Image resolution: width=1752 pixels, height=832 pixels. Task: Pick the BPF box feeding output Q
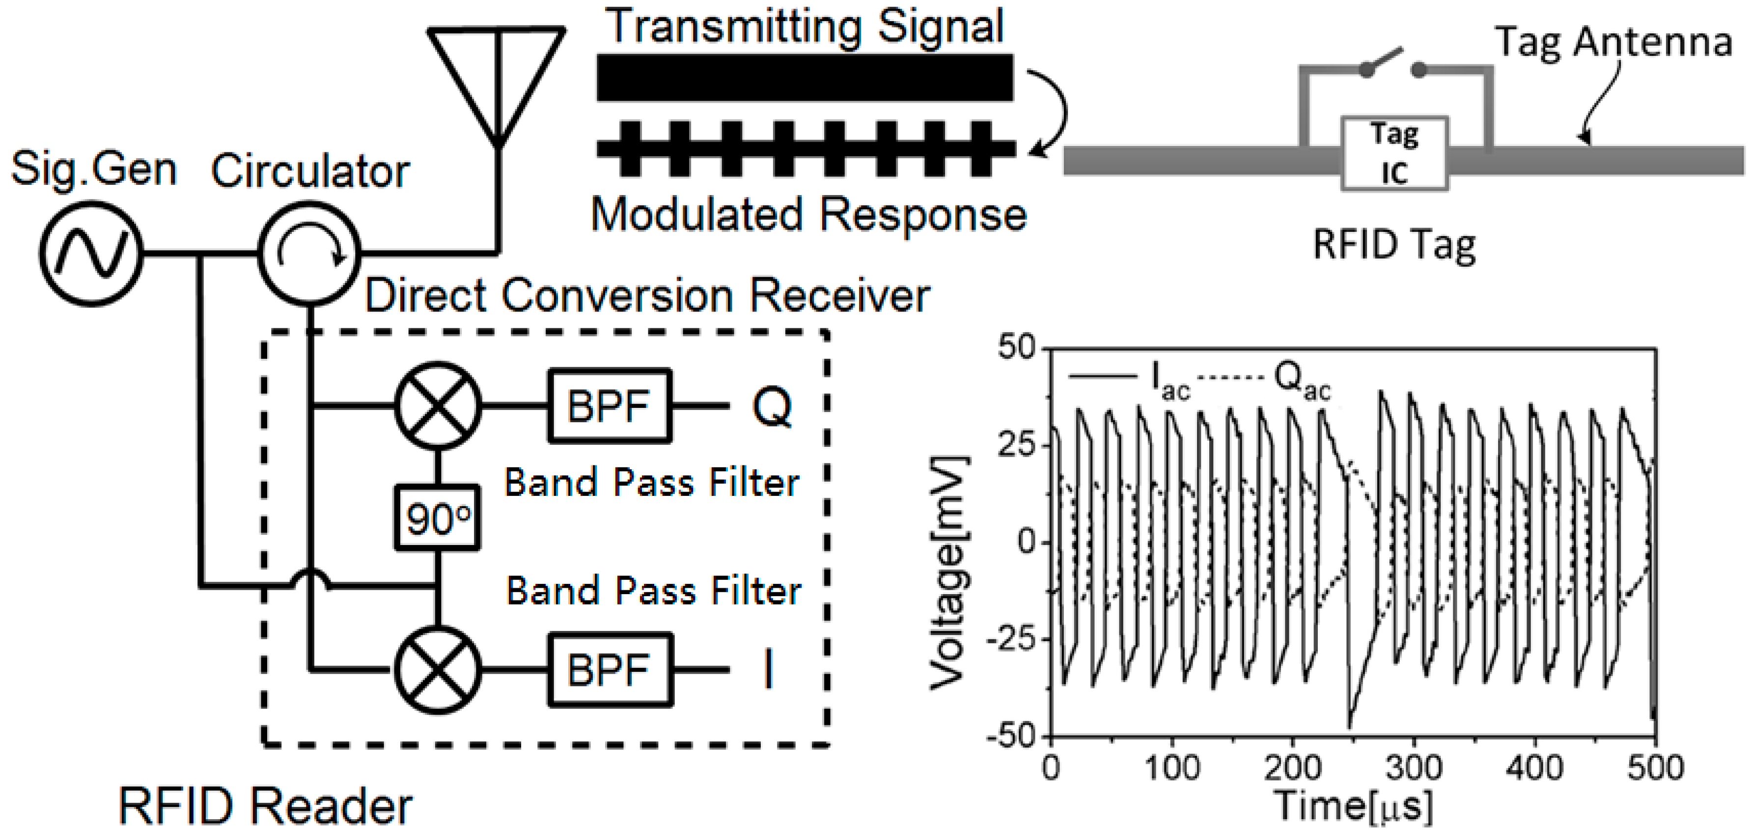(610, 406)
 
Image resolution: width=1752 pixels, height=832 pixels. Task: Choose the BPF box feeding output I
(610, 670)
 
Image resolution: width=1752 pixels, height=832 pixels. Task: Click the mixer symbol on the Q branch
(438, 406)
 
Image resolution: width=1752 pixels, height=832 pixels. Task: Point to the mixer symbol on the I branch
(438, 670)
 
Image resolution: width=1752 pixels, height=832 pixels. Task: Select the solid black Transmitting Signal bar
(805, 78)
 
